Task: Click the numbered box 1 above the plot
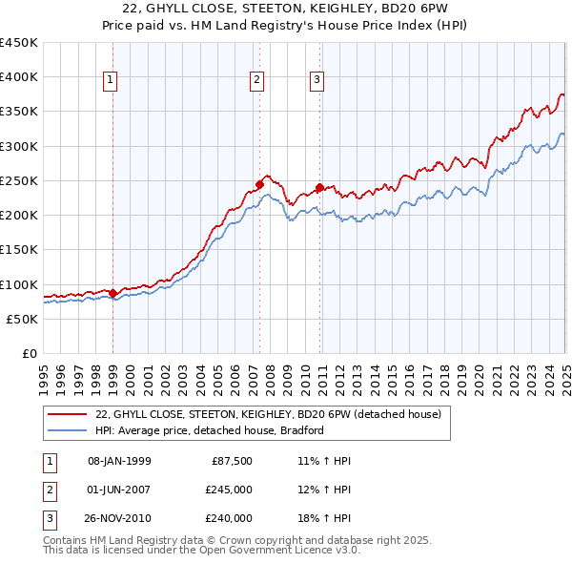(x=112, y=81)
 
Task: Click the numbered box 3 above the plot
(x=317, y=81)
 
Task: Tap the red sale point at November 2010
(x=319, y=187)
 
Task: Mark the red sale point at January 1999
(x=112, y=293)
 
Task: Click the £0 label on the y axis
(x=29, y=354)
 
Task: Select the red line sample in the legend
(x=67, y=415)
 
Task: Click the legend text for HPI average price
(x=210, y=430)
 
